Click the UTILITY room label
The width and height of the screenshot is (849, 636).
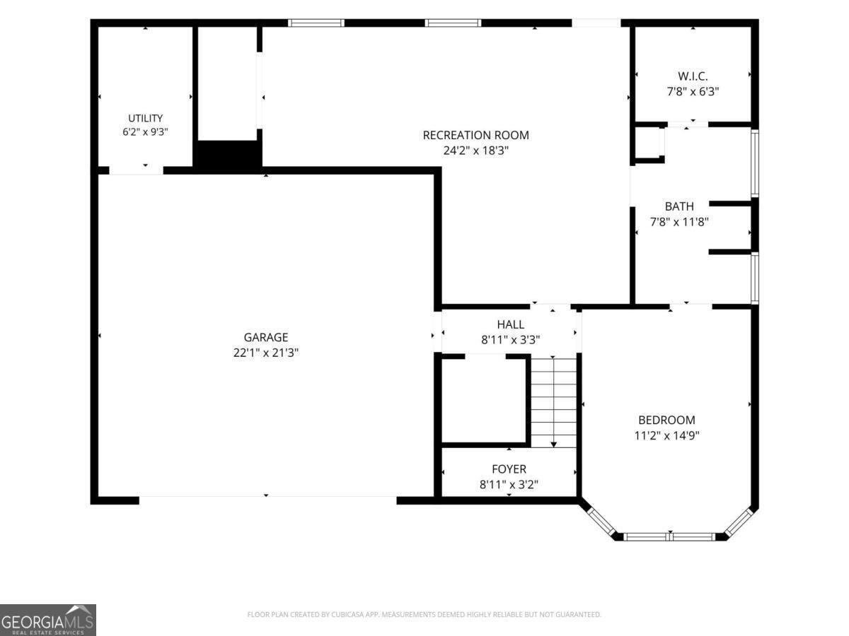146,118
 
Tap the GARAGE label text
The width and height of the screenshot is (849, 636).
266,337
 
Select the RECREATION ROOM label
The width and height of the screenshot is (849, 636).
475,135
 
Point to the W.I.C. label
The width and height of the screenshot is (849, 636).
693,76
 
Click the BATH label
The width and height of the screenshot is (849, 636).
679,206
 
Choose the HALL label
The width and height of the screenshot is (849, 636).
511,324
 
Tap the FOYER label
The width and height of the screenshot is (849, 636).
509,469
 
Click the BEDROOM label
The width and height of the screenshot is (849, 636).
667,420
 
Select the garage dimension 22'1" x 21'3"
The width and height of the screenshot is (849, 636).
266,353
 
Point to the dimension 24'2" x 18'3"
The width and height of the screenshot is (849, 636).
475,151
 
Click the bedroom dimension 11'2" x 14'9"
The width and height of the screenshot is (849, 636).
667,435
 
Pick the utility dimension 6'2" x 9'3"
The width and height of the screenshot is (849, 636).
146,131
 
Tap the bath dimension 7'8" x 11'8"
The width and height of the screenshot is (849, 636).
679,222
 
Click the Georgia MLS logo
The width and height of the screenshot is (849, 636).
48,620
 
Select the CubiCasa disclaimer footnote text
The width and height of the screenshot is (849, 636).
424,614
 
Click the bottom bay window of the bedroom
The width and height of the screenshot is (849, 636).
669,536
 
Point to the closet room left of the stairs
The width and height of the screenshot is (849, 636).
483,400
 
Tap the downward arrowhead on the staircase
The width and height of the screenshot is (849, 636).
553,444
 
